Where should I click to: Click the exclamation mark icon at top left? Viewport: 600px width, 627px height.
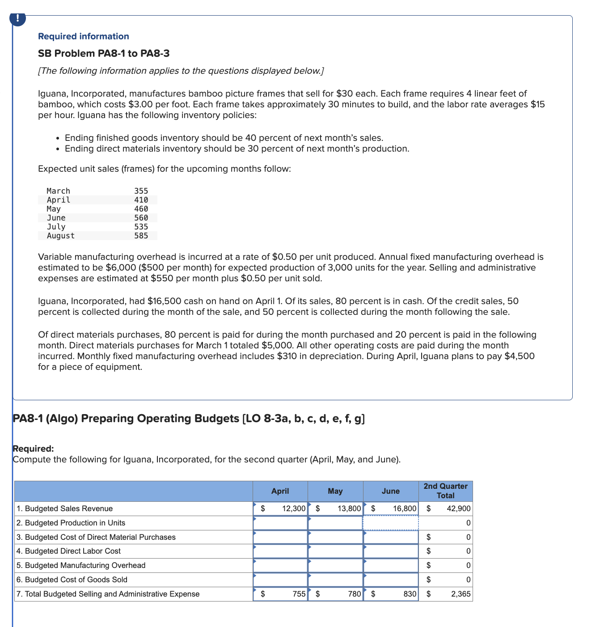click(17, 18)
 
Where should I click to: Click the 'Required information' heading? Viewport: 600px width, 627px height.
click(83, 37)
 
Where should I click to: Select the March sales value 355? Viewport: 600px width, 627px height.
click(141, 191)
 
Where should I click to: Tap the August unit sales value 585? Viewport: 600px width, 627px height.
click(141, 236)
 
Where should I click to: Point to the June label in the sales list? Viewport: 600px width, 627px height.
click(56, 218)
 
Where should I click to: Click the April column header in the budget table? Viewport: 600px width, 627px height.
click(280, 491)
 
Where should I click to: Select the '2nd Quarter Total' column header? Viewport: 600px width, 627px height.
click(445, 491)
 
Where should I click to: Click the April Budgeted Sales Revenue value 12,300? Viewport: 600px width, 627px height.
click(294, 508)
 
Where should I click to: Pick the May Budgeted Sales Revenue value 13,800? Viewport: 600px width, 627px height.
click(349, 508)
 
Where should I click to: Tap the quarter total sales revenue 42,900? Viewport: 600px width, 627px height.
click(458, 508)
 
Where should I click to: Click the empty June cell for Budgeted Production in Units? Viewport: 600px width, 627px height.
click(390, 523)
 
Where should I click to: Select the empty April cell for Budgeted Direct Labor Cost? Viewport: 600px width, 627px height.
click(280, 551)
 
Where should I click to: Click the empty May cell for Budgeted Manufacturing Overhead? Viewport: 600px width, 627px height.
click(335, 565)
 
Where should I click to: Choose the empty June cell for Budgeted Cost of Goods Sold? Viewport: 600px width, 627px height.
click(390, 580)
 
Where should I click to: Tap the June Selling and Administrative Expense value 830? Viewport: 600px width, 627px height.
click(410, 594)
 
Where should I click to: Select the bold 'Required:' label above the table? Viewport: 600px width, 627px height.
click(34, 449)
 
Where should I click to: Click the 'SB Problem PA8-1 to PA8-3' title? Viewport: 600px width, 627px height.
click(104, 54)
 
